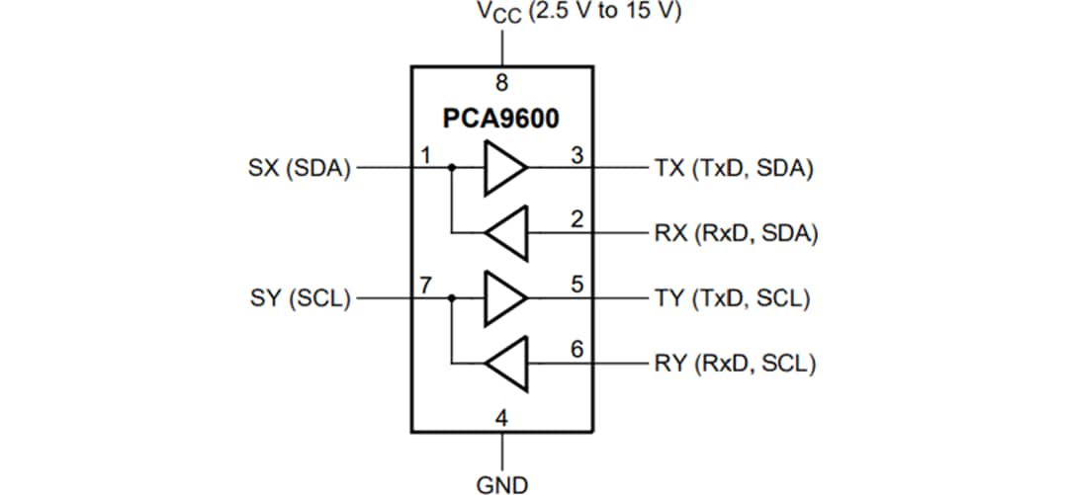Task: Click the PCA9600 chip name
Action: coord(500,120)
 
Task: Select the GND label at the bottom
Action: coord(502,483)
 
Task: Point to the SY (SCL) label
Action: coord(300,297)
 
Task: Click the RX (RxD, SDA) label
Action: coord(735,234)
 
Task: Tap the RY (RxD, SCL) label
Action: coord(734,364)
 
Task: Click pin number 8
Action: coord(502,83)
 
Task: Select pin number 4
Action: coord(502,417)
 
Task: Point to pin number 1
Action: coord(425,155)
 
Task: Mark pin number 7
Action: coord(425,286)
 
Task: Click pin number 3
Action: coord(577,155)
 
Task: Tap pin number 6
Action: coord(577,350)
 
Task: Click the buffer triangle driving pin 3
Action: coord(503,168)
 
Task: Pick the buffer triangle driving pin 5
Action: coord(503,297)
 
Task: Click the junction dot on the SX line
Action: coord(451,168)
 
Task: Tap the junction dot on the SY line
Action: coord(451,297)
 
